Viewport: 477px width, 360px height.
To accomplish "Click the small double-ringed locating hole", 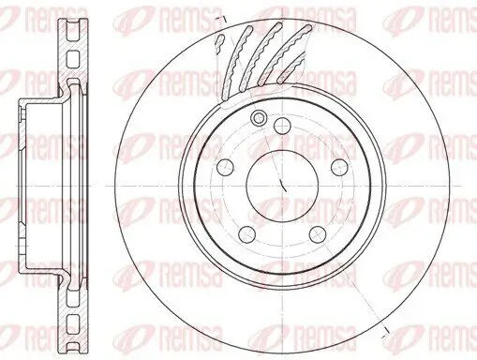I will [258, 119].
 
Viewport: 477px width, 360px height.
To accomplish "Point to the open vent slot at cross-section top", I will [71, 29].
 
